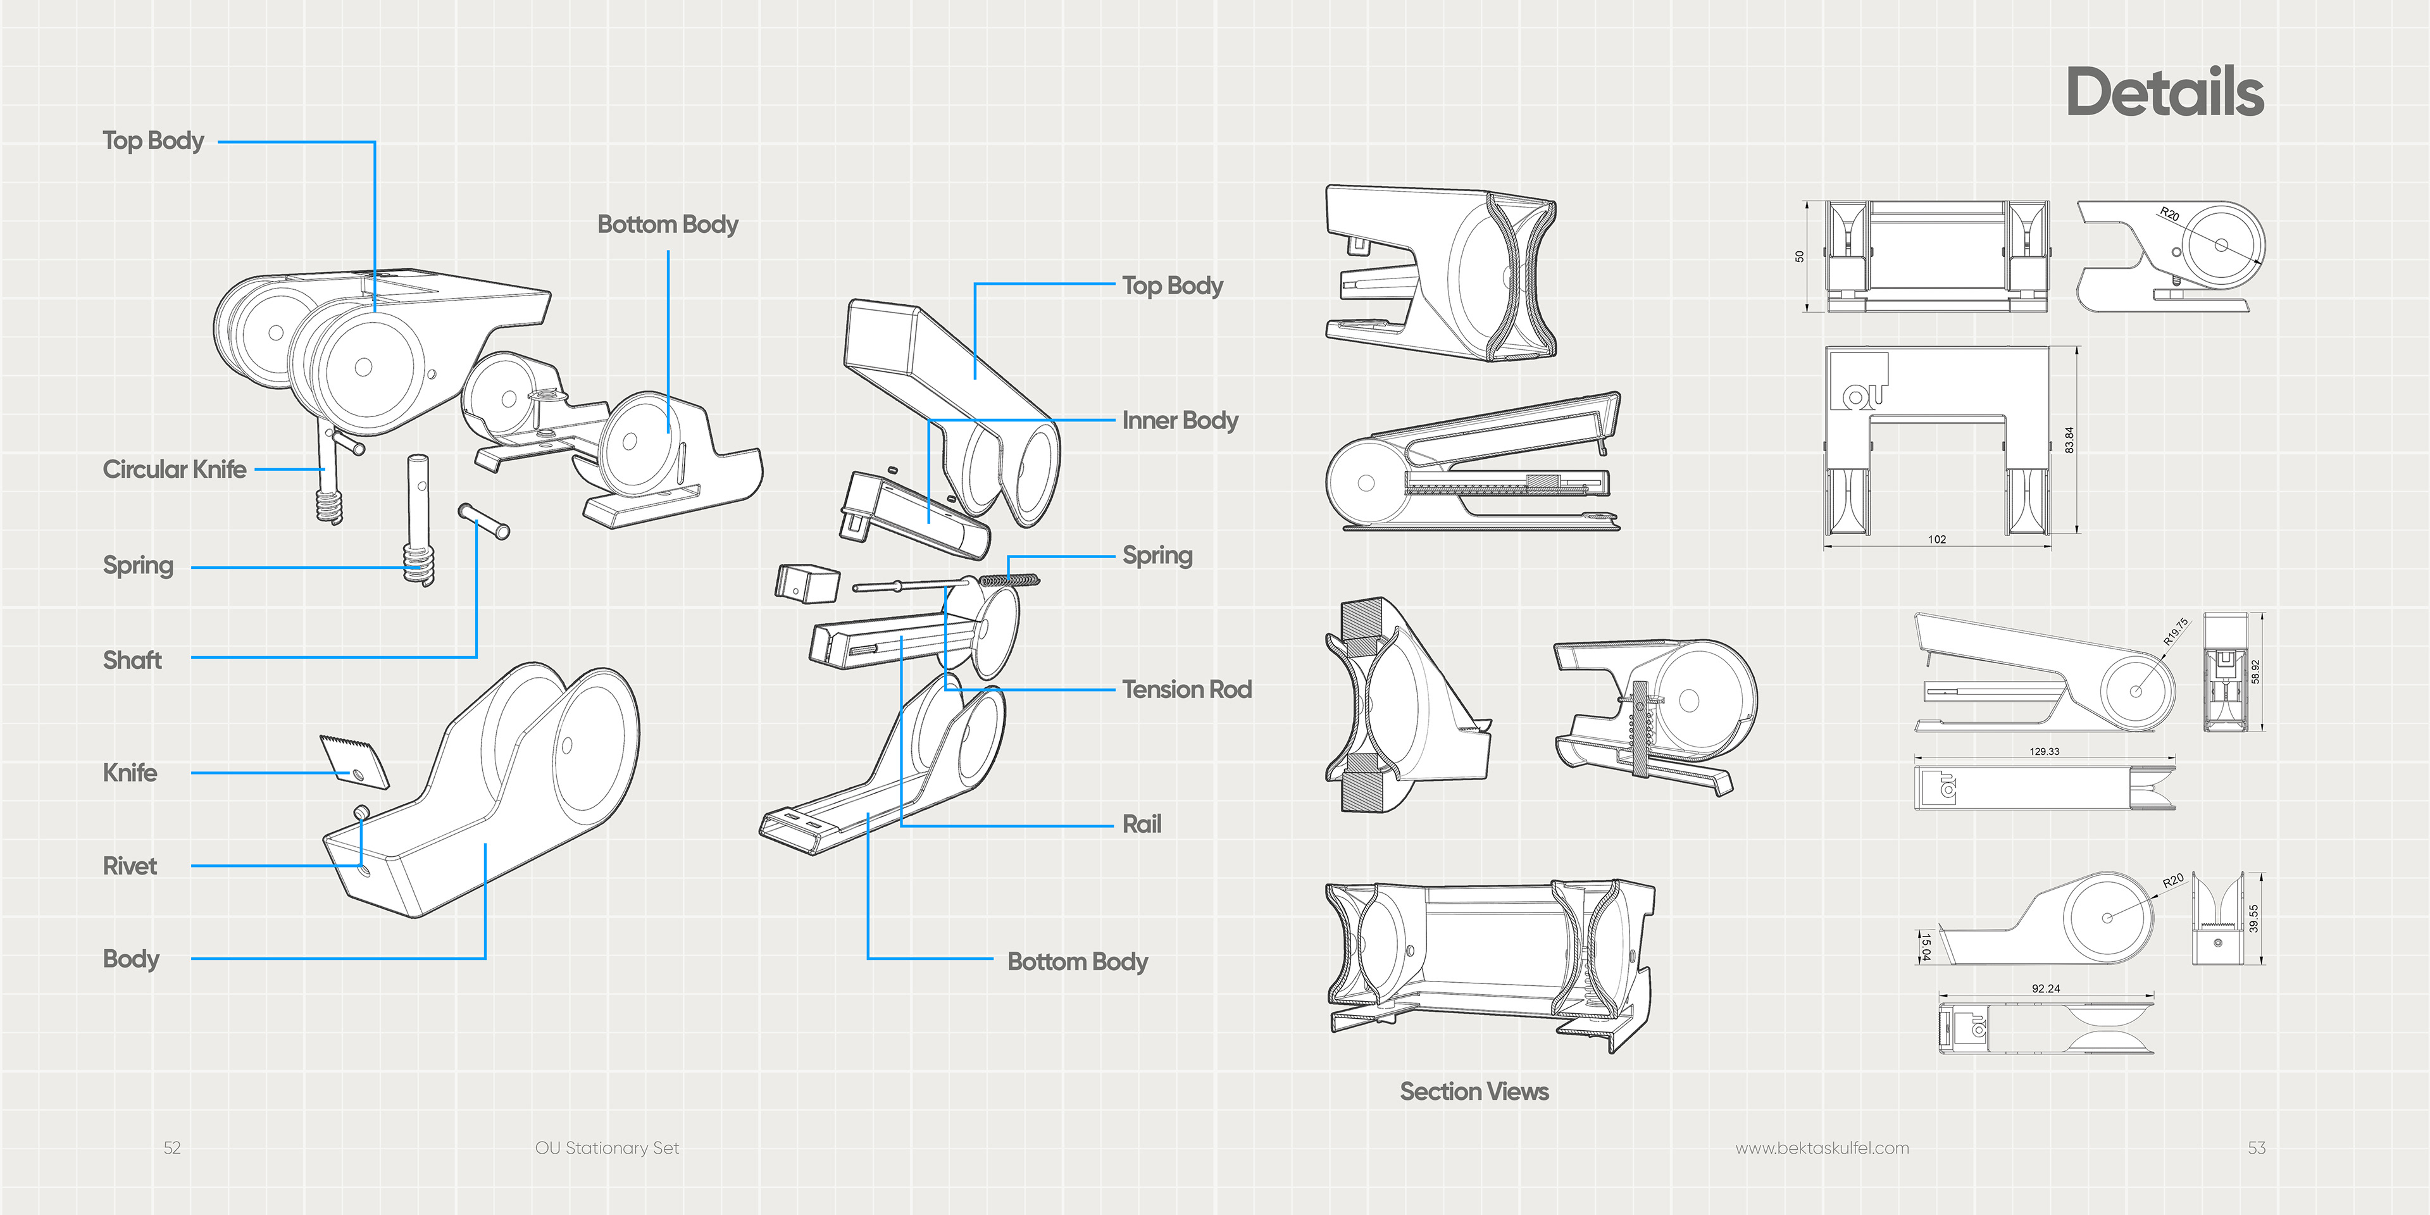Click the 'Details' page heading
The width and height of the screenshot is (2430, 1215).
[2164, 92]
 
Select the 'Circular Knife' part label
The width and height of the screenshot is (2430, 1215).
[175, 470]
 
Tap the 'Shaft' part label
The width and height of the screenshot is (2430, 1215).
[132, 660]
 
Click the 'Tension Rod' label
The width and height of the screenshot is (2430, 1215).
[1187, 690]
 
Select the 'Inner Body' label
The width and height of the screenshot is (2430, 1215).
[1179, 421]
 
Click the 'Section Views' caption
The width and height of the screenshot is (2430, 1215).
[1473, 1092]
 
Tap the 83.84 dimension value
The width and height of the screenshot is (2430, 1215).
[2069, 440]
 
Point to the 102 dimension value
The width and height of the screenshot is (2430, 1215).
[1936, 540]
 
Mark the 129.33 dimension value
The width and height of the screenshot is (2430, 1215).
[2044, 752]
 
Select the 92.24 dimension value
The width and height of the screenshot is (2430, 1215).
[2046, 988]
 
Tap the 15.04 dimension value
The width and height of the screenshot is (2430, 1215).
[1925, 945]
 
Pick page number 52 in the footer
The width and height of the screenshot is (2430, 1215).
[171, 1148]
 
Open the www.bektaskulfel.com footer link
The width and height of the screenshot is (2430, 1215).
[1822, 1148]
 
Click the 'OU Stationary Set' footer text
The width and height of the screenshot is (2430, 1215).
[607, 1148]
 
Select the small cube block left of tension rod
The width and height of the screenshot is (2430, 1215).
[807, 583]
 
